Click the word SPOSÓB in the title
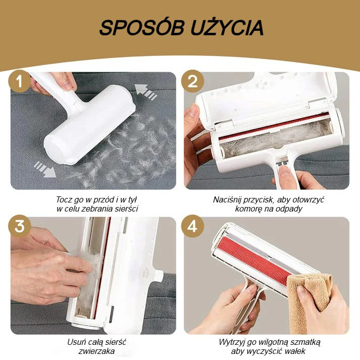click(142, 27)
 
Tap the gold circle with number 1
click(20, 81)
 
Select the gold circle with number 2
click(192, 81)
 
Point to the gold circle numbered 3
click(20, 226)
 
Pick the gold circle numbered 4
click(192, 226)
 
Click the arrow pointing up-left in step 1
click(145, 91)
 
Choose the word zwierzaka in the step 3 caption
click(96, 351)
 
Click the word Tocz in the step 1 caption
click(64, 199)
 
